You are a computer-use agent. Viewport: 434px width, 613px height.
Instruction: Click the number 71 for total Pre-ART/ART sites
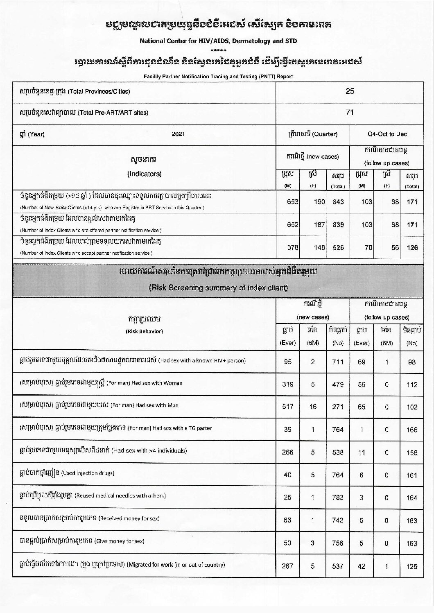(x=349, y=113)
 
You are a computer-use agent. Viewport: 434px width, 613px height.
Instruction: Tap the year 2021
(x=179, y=134)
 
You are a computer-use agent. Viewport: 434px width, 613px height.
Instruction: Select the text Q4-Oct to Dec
(x=387, y=134)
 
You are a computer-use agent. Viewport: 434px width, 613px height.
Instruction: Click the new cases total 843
(x=338, y=202)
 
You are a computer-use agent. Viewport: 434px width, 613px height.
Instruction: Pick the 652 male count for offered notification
(x=292, y=224)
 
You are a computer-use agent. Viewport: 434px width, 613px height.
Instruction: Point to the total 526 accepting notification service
(x=338, y=247)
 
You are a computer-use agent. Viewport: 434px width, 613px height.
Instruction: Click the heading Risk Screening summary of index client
(x=218, y=288)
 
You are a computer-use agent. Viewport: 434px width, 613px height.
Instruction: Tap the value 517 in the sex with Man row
(x=288, y=407)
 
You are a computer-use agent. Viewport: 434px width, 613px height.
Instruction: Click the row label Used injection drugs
(x=88, y=473)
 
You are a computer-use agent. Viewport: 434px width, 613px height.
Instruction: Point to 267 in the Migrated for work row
(x=288, y=566)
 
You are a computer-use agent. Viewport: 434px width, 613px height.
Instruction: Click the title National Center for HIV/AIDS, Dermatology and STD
(x=218, y=41)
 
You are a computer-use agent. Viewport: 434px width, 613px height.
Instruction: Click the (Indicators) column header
(x=144, y=174)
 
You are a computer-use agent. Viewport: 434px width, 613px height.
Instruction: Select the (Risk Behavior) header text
(x=144, y=331)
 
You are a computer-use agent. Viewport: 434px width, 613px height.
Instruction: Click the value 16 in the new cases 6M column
(x=313, y=407)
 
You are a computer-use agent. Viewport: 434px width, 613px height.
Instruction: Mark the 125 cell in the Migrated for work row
(x=412, y=567)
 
